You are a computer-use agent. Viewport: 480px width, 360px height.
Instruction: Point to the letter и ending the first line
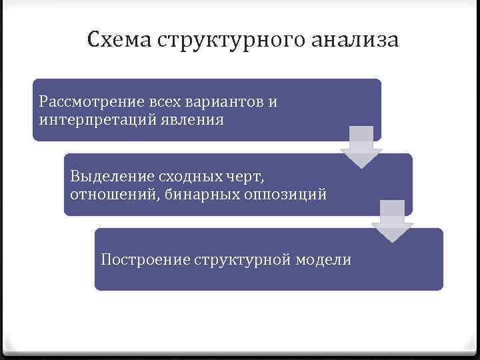(273, 103)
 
